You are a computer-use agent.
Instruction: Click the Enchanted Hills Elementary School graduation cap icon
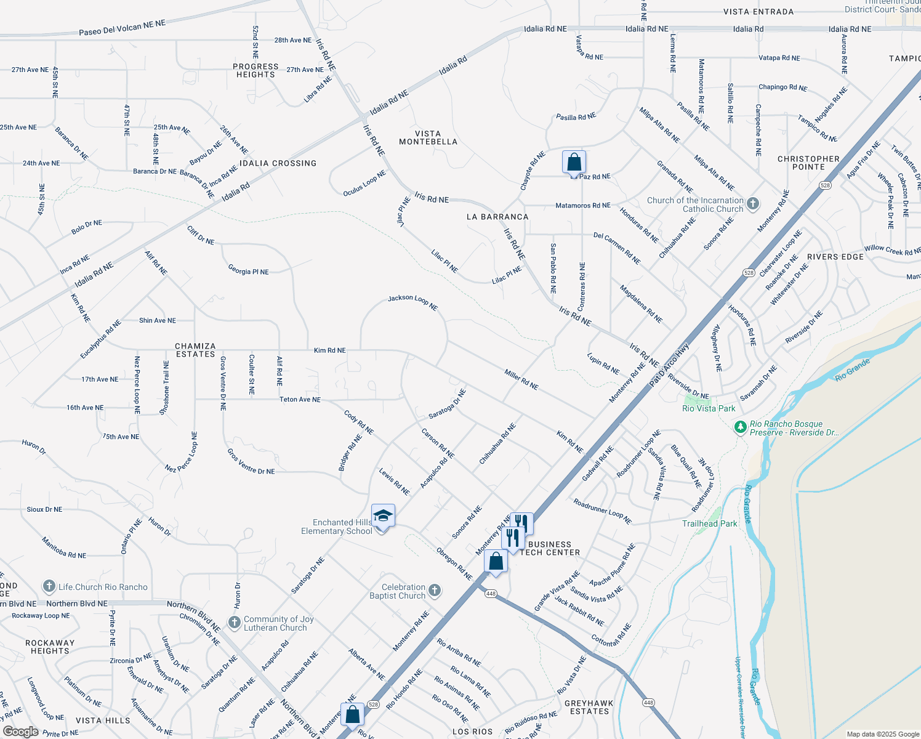pyautogui.click(x=382, y=516)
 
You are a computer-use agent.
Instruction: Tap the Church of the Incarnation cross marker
pyautogui.click(x=752, y=204)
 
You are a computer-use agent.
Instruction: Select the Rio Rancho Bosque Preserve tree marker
pyautogui.click(x=740, y=427)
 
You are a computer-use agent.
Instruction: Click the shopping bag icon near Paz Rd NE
pyautogui.click(x=574, y=163)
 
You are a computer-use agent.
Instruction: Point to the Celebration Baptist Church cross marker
pyautogui.click(x=435, y=591)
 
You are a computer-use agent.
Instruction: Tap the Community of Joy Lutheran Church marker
pyautogui.click(x=234, y=623)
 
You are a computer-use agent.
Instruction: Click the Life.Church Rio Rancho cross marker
pyautogui.click(x=49, y=586)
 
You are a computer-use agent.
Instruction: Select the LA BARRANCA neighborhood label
pyautogui.click(x=497, y=217)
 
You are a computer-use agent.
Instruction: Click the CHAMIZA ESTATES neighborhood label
pyautogui.click(x=195, y=350)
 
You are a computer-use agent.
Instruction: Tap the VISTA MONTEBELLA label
pyautogui.click(x=428, y=137)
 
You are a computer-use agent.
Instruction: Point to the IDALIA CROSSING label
pyautogui.click(x=278, y=163)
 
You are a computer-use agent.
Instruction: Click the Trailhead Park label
pyautogui.click(x=709, y=523)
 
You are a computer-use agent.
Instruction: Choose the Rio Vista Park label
pyautogui.click(x=709, y=408)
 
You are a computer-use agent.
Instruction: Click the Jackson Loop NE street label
pyautogui.click(x=412, y=302)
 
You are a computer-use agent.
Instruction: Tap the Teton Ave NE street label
pyautogui.click(x=300, y=400)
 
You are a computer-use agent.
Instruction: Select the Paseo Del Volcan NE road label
pyautogui.click(x=122, y=28)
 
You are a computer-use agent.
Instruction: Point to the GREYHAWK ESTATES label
pyautogui.click(x=589, y=707)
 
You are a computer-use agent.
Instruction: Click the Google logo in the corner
pyautogui.click(x=20, y=732)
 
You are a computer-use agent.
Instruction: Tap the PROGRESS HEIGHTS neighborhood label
pyautogui.click(x=255, y=70)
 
